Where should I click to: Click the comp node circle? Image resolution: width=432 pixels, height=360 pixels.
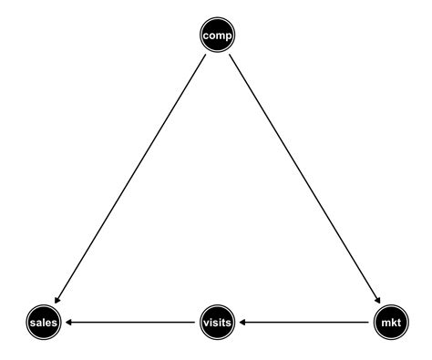point(216,36)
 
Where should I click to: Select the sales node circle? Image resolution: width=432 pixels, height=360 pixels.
point(43,322)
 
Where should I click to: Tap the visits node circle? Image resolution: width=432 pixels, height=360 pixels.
point(216,322)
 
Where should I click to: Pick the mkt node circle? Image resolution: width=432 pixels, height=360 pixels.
point(389,322)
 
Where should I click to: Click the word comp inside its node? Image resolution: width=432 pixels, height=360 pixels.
point(216,36)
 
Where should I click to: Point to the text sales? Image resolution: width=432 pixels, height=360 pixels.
point(43,323)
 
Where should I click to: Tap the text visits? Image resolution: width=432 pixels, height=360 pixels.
point(216,323)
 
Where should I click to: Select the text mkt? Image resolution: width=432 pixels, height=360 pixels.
point(389,323)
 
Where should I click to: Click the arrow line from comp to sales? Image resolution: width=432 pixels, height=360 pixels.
point(129,179)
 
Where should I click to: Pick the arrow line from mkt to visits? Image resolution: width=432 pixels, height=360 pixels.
point(305,322)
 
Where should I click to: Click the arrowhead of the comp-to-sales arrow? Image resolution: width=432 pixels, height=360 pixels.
point(56,301)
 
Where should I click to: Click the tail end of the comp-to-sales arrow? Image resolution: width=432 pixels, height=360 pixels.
point(203,57)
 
